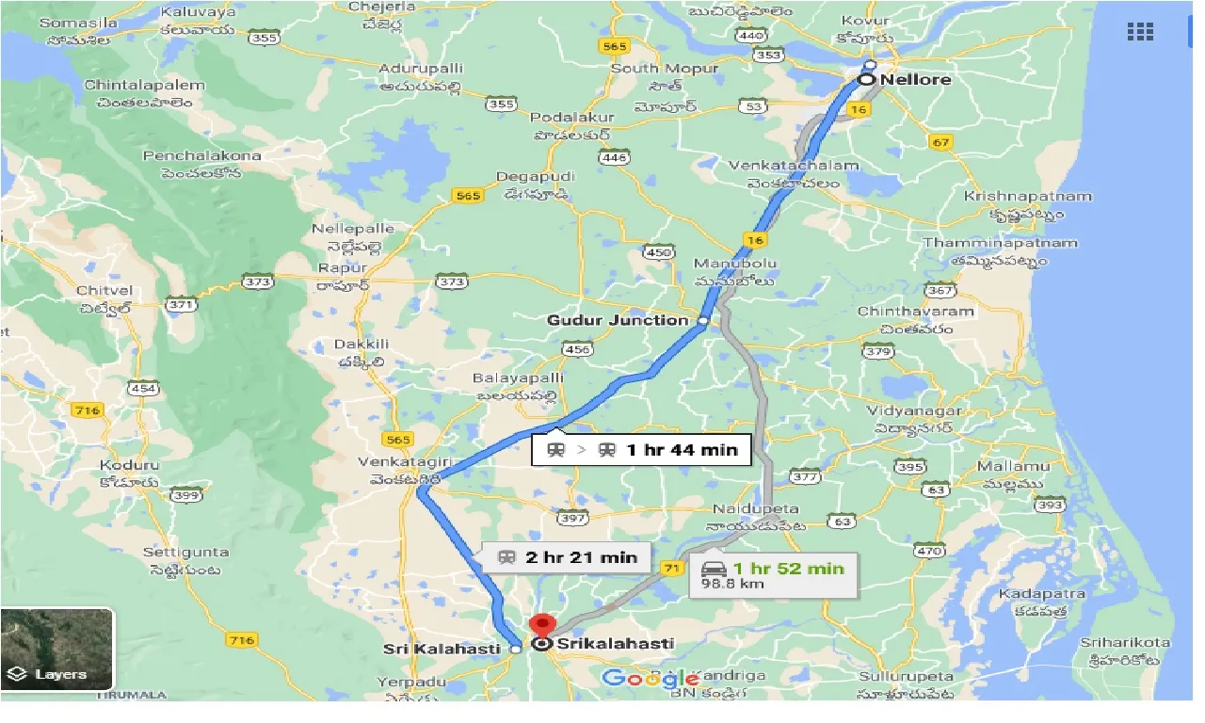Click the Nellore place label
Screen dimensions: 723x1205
[x=915, y=80]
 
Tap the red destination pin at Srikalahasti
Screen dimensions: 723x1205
[x=542, y=625]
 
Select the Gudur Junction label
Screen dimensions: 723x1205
[x=618, y=320]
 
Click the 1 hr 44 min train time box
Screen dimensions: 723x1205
[x=641, y=449]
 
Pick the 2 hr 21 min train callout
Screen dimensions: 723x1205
[x=568, y=557]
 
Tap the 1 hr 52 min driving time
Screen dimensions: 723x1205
[x=789, y=568]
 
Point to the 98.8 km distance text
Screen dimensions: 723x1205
[x=732, y=584]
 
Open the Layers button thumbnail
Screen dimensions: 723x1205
[x=57, y=650]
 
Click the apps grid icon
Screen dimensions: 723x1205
[x=1140, y=32]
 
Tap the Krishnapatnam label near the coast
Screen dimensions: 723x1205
[x=1027, y=197]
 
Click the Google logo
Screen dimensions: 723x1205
[x=650, y=678]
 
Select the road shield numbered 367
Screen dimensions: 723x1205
[x=940, y=291]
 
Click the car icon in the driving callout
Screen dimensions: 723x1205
[x=715, y=569]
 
